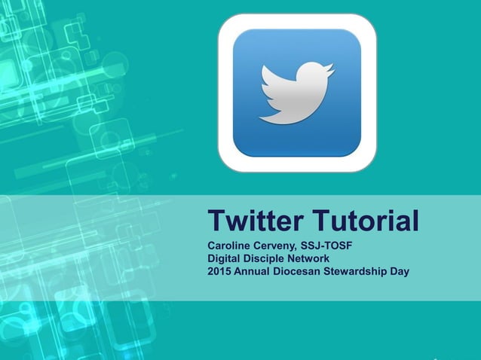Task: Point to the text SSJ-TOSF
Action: tap(327, 246)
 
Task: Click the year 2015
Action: tap(219, 271)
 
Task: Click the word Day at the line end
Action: tap(399, 271)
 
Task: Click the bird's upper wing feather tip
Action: tap(263, 68)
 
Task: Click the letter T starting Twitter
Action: tap(217, 222)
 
